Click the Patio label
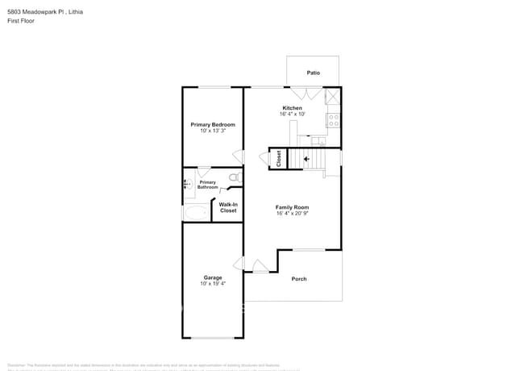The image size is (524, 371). click(x=313, y=73)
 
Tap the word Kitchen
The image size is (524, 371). click(x=292, y=108)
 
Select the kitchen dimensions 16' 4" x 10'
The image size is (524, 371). click(x=292, y=115)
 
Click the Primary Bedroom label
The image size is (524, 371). click(x=213, y=124)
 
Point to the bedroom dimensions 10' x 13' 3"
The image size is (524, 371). click(x=213, y=131)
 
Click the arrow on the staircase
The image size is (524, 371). click(x=306, y=160)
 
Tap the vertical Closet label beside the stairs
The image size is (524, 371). click(x=279, y=159)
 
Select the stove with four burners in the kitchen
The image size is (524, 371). click(x=332, y=121)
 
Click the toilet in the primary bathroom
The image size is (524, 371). click(x=234, y=177)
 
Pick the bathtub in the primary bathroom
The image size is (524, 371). click(x=196, y=212)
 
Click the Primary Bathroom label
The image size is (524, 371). click(x=208, y=185)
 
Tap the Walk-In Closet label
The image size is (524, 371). click(x=228, y=207)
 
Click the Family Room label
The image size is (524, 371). click(x=292, y=207)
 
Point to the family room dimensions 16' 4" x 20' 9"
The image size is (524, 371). click(x=292, y=214)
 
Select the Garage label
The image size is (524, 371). click(x=213, y=277)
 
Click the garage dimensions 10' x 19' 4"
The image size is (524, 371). click(x=213, y=284)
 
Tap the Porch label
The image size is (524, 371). click(x=299, y=279)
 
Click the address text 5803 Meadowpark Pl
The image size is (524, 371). click(x=36, y=12)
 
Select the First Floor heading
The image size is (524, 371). click(x=21, y=21)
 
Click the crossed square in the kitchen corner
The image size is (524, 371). click(x=331, y=97)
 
